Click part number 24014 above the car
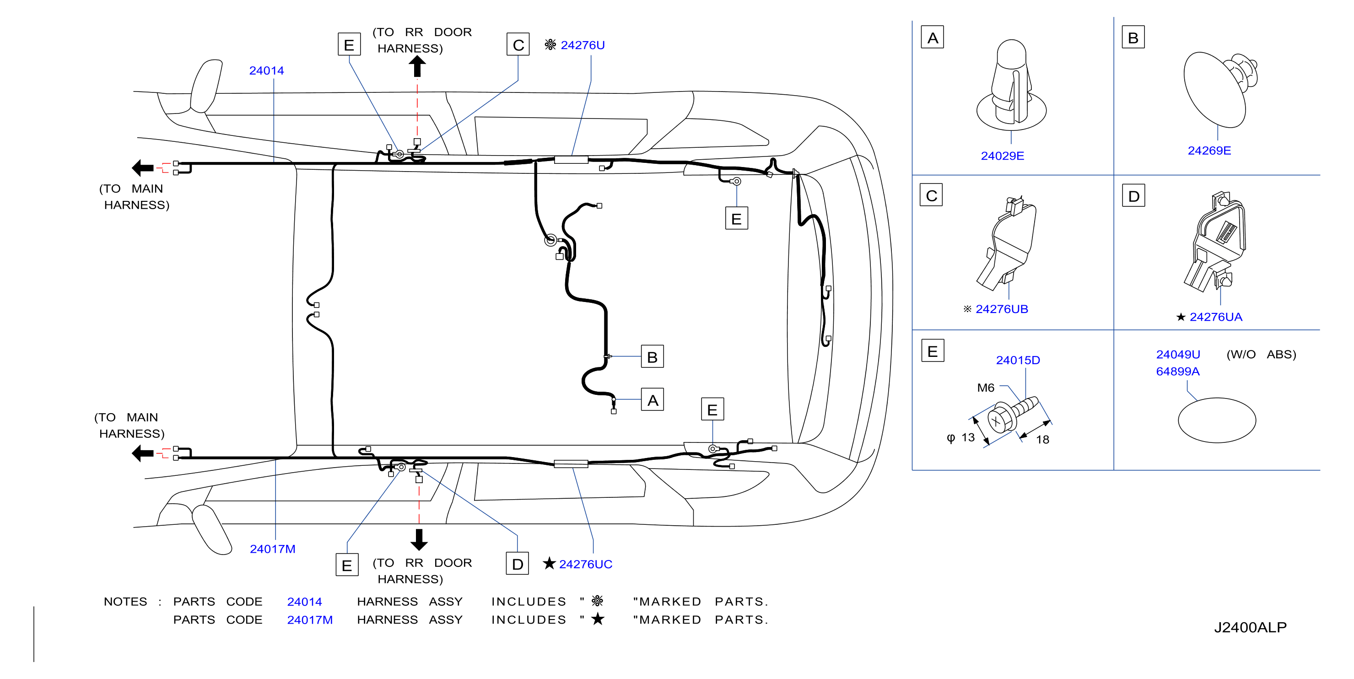point(266,70)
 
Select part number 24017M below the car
point(272,549)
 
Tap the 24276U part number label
point(583,45)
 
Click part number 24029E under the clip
point(1003,156)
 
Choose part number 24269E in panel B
point(1209,151)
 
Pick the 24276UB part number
point(1001,309)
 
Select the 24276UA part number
point(1216,317)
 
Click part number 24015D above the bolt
point(1018,360)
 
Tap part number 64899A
point(1177,372)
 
